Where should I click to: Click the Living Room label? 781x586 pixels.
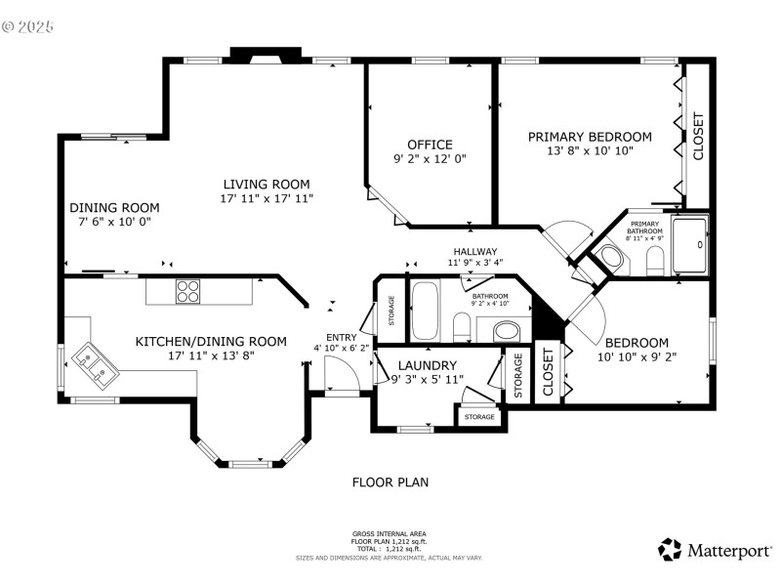(x=267, y=184)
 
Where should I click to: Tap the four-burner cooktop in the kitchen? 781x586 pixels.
(x=187, y=291)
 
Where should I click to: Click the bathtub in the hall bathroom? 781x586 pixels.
(x=426, y=310)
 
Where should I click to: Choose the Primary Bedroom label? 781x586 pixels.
(x=590, y=137)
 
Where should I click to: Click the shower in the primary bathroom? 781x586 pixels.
(x=691, y=245)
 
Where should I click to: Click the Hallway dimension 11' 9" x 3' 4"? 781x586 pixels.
(x=474, y=263)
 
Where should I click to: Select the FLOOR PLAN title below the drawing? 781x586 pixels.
(x=390, y=482)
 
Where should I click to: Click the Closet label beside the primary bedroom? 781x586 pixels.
(x=698, y=136)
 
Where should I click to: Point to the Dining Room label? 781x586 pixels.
(x=114, y=207)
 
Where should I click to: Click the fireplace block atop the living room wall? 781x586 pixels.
(x=267, y=55)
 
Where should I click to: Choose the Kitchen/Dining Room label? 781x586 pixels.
(x=211, y=341)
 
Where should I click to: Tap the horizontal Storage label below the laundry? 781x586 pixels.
(x=478, y=417)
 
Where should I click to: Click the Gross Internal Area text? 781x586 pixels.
(x=390, y=534)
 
